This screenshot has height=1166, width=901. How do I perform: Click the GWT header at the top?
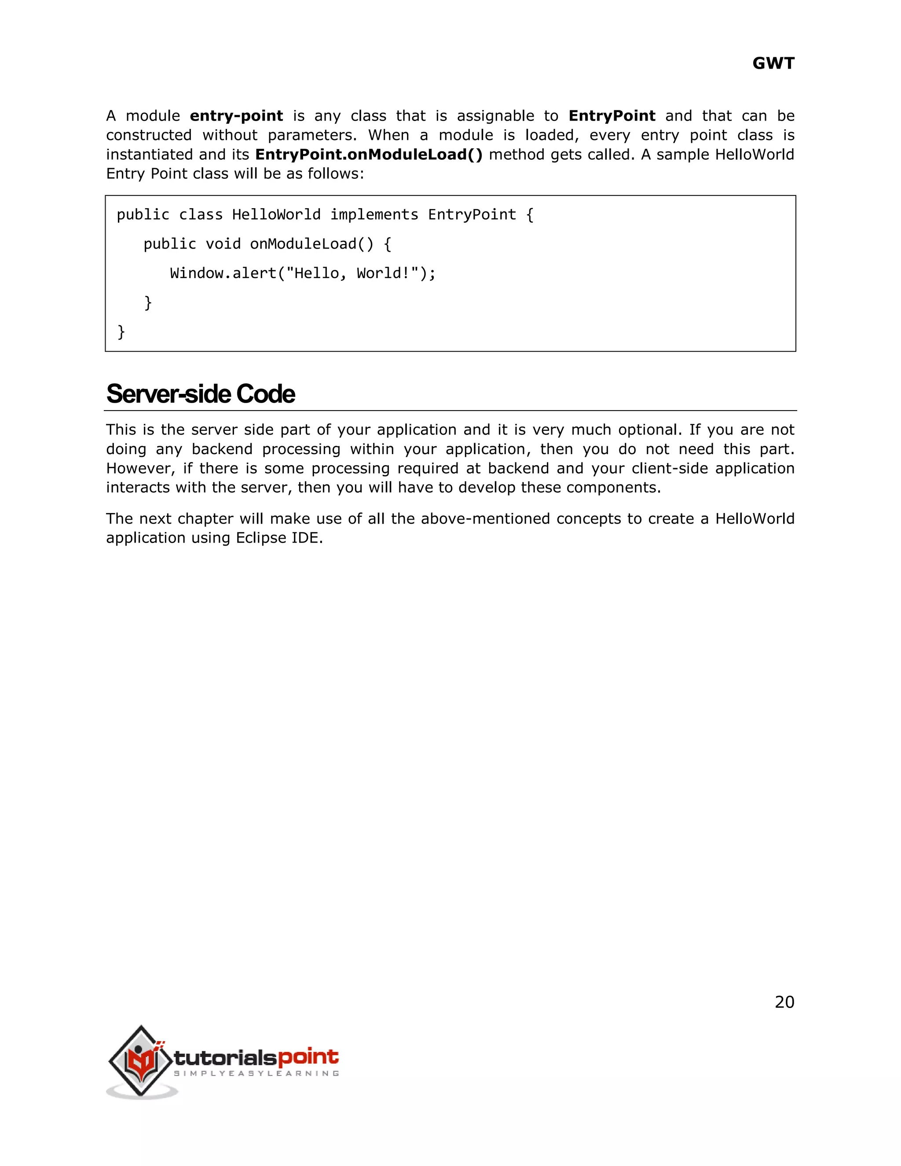pos(773,63)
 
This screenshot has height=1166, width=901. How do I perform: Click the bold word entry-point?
pos(236,116)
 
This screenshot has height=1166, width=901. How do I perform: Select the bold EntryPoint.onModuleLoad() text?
pos(369,155)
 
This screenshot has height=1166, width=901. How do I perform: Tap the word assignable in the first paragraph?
pos(495,116)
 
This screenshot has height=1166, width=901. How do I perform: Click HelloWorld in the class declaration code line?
pos(276,215)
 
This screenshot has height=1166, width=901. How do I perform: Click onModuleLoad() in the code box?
pos(312,244)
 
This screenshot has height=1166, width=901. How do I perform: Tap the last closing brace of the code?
pos(121,332)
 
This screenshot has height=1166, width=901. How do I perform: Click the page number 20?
pos(784,1002)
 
